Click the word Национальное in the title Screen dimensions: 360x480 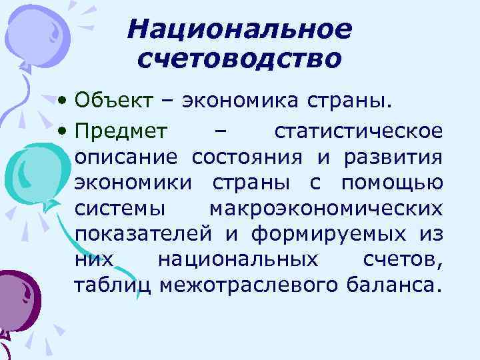239,29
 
